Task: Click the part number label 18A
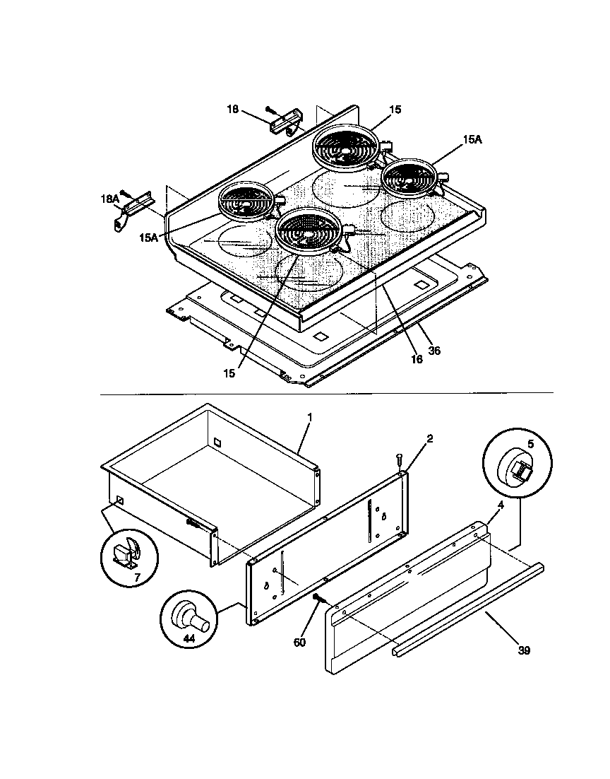click(110, 200)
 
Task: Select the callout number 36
click(434, 350)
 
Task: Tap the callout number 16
click(417, 359)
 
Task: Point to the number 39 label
click(523, 650)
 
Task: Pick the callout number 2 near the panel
click(430, 438)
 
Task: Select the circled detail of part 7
click(128, 552)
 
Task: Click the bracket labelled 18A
click(131, 211)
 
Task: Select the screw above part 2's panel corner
click(400, 460)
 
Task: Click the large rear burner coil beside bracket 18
click(346, 148)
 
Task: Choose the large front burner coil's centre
click(309, 230)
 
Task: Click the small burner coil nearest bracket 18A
click(245, 201)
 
